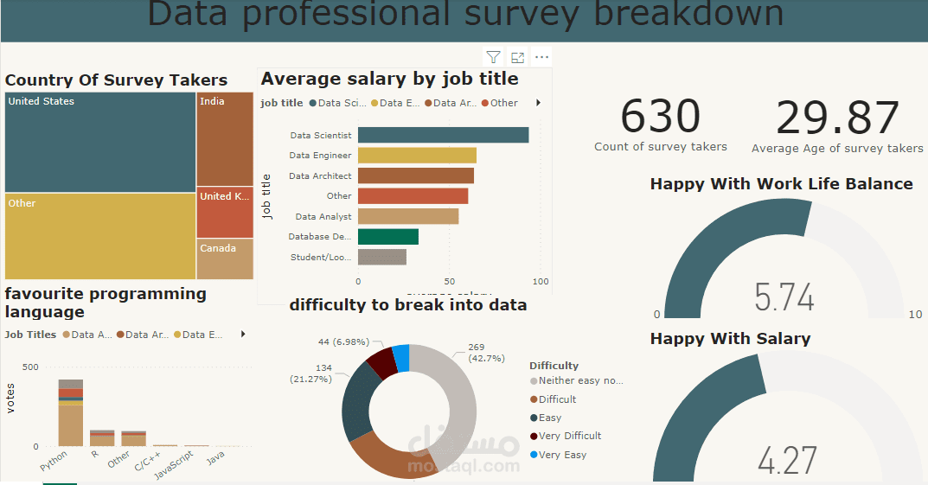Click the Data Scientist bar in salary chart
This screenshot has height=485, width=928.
tap(443, 135)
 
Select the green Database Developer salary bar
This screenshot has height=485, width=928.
tap(387, 237)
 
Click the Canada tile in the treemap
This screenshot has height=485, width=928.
tap(225, 258)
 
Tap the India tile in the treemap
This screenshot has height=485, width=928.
tap(225, 138)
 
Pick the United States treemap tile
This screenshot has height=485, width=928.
tap(100, 142)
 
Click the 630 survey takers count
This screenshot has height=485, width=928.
tap(660, 117)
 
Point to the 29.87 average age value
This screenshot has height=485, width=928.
tap(837, 118)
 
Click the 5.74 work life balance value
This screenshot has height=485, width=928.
tap(784, 297)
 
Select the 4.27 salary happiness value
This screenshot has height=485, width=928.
tap(786, 461)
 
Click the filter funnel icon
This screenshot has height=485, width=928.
tap(493, 58)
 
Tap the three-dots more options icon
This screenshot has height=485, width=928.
tap(542, 58)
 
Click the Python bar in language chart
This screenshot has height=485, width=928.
tap(71, 413)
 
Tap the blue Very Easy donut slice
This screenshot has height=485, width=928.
tap(400, 357)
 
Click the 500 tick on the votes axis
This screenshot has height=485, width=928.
tap(30, 367)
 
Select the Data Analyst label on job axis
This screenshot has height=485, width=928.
tap(323, 217)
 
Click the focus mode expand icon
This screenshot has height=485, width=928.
tap(517, 58)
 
